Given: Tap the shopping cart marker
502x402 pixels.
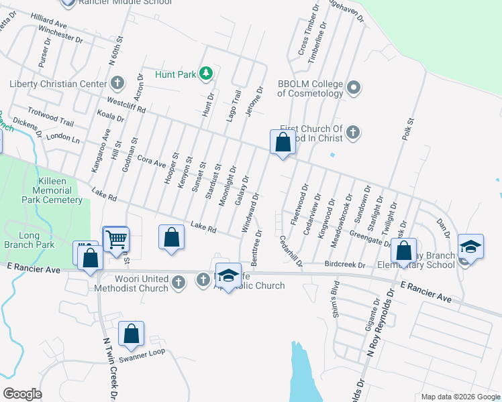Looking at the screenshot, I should pyautogui.click(x=116, y=238).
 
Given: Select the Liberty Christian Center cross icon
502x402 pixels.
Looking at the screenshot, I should pyautogui.click(x=117, y=84).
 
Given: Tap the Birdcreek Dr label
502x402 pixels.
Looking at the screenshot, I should pyautogui.click(x=344, y=265).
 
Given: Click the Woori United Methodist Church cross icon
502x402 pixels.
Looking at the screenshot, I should pyautogui.click(x=179, y=282).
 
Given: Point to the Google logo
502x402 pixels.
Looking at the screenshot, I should pyautogui.click(x=22, y=394).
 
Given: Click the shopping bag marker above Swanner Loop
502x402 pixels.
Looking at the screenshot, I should pyautogui.click(x=132, y=333).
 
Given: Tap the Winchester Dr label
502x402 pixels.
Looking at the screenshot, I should pyautogui.click(x=60, y=34).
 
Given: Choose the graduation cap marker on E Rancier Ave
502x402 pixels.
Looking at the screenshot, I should pyautogui.click(x=228, y=276).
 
